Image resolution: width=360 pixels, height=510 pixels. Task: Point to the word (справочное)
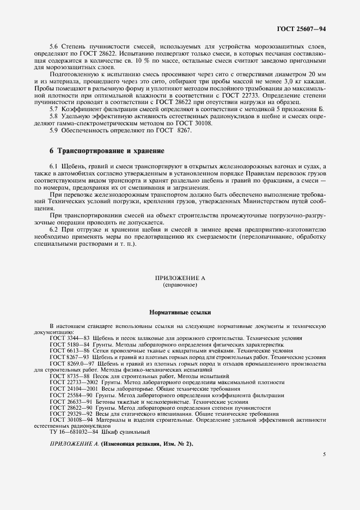[x=179, y=285]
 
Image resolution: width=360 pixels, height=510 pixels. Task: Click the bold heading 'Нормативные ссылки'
[x=179, y=313]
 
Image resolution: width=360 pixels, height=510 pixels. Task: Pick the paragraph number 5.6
[x=55, y=48]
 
